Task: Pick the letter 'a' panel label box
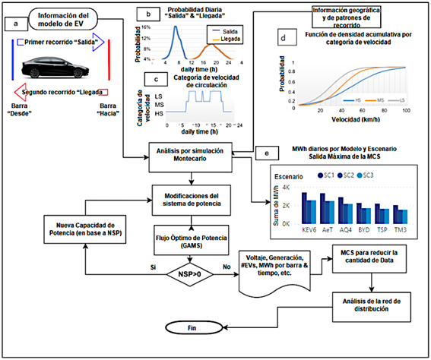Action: coord(16,24)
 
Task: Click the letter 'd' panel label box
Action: coord(283,37)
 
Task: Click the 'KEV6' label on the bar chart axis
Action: coord(309,229)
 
